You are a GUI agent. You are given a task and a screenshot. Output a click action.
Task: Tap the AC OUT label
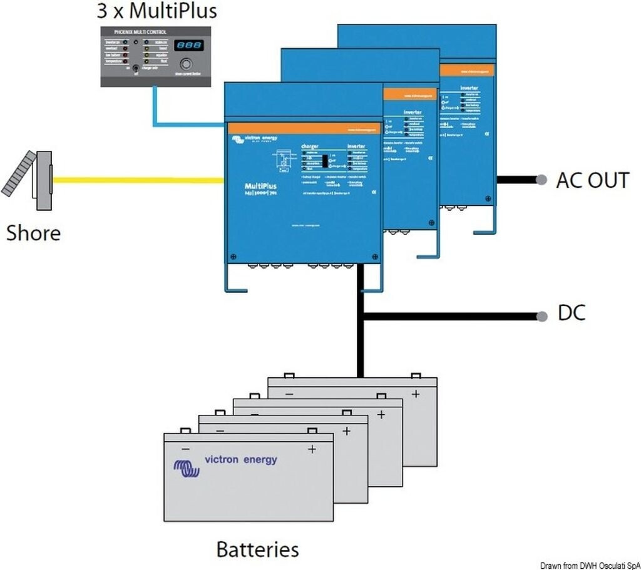[x=592, y=180]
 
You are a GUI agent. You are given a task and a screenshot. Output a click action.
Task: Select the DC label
[x=571, y=313]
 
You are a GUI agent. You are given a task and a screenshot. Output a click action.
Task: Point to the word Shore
[x=33, y=233]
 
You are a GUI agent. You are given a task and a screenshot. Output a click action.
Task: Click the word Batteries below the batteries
[x=257, y=549]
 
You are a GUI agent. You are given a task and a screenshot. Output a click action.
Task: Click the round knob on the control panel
[x=186, y=65]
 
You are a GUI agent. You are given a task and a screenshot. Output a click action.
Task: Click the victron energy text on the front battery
[x=240, y=460]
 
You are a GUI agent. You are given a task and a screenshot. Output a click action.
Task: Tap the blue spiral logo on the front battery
[x=185, y=469]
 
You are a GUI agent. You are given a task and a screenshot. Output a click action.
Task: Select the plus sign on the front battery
[x=312, y=449]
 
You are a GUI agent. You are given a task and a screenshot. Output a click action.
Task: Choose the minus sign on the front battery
[x=185, y=449]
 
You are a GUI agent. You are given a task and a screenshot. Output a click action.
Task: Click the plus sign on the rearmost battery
[x=414, y=394]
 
